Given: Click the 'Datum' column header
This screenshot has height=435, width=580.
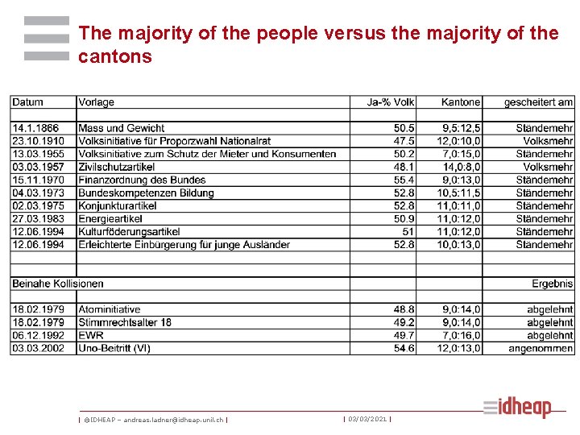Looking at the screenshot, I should click(27, 102).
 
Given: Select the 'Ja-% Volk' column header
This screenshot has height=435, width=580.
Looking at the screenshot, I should click(391, 102).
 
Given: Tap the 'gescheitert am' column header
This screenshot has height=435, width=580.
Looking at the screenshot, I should click(538, 102).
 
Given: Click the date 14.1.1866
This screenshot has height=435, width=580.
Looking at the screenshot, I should click(35, 128).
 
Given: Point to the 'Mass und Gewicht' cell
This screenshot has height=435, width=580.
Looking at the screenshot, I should click(121, 128).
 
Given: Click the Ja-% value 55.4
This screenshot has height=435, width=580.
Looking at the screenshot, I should click(404, 180).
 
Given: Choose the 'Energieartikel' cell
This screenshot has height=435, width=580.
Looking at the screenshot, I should click(111, 218).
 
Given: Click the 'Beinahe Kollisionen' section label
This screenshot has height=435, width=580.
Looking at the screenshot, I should click(57, 284).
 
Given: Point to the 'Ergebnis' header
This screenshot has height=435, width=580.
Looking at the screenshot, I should click(552, 284).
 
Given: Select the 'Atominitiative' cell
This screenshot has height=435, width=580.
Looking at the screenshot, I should click(109, 309).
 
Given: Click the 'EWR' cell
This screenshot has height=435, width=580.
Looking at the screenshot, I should click(91, 335).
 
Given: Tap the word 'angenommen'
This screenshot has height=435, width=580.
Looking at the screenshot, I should click(541, 348).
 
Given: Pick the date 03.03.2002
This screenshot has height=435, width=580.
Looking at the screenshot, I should click(38, 348).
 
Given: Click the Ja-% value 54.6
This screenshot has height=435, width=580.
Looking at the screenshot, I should click(404, 348).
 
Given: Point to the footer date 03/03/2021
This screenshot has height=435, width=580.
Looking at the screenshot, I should click(367, 419).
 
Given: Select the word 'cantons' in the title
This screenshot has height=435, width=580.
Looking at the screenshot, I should click(115, 56).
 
